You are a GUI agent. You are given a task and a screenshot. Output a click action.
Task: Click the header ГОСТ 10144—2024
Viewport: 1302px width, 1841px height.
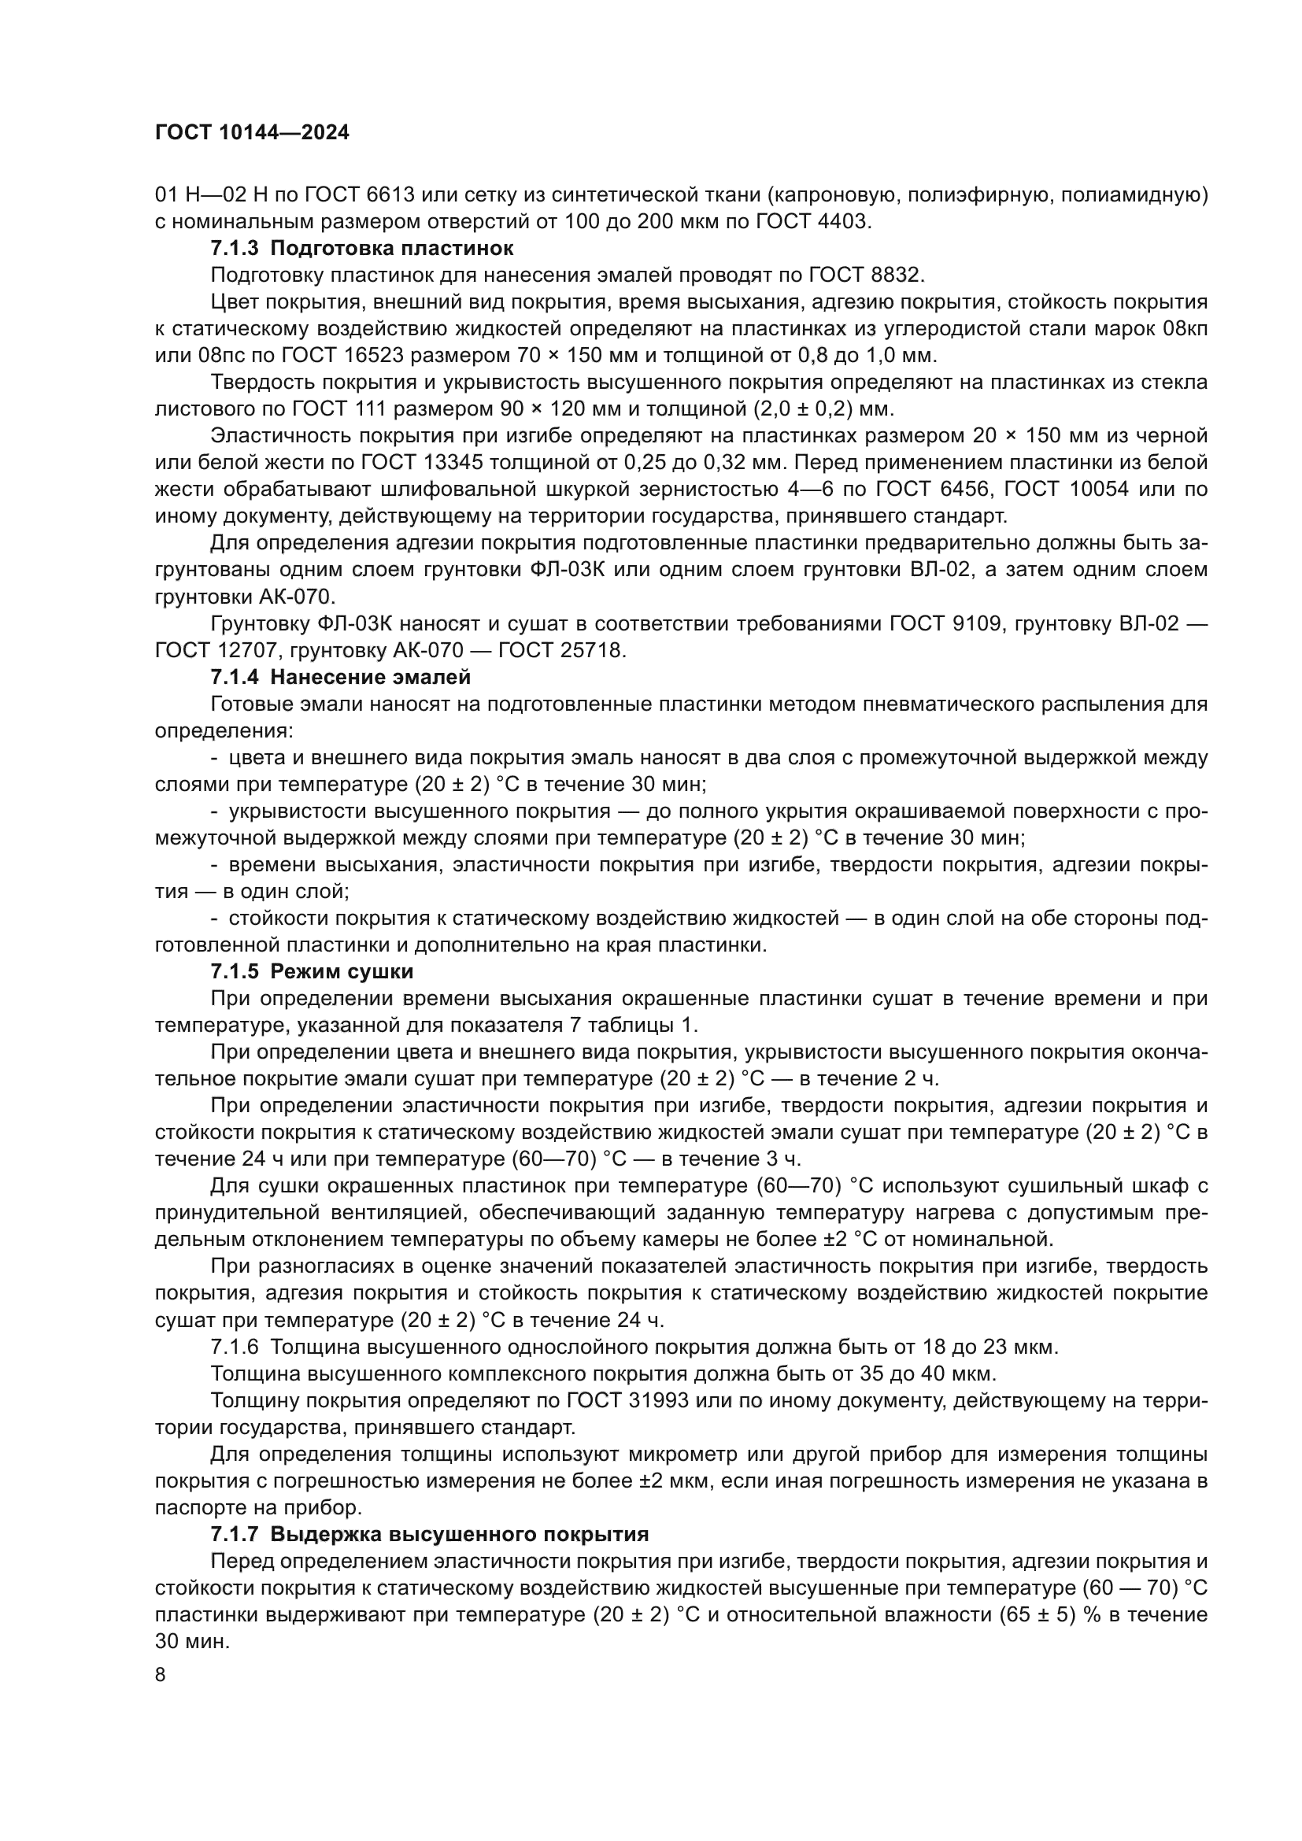point(252,133)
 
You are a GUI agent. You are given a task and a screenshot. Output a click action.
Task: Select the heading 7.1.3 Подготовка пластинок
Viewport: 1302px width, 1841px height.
point(361,248)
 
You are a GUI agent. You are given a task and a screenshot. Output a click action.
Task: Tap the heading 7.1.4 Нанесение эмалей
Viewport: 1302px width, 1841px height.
point(341,677)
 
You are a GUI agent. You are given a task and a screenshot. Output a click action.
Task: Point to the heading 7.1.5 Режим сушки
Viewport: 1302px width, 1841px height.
point(312,971)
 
